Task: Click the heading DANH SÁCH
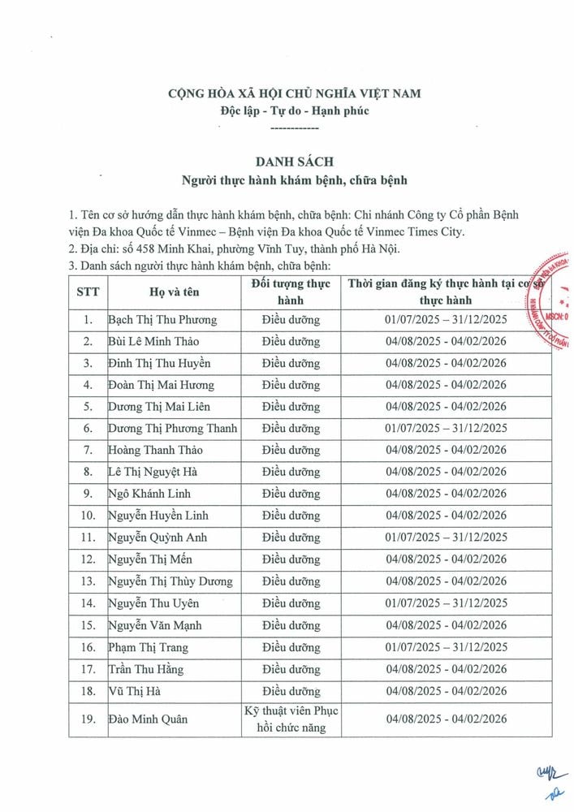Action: pyautogui.click(x=287, y=161)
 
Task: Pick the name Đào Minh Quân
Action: pyautogui.click(x=142, y=719)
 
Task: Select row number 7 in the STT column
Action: pyautogui.click(x=88, y=450)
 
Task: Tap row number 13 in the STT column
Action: pyautogui.click(x=88, y=581)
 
